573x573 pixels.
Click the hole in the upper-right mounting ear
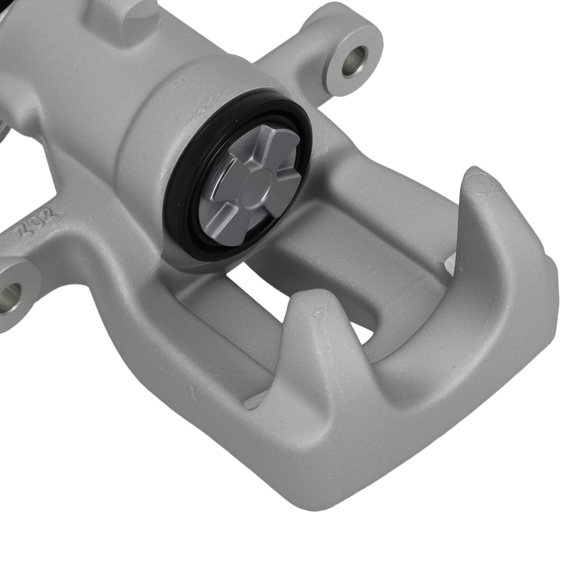pos(354,61)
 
